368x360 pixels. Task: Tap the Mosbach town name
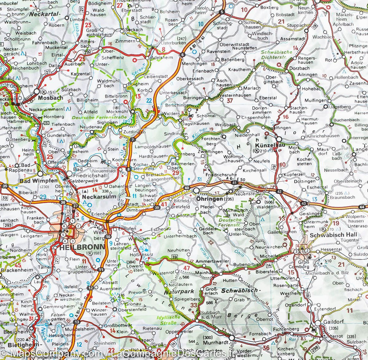tap(51, 98)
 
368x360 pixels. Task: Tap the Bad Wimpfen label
tap(39, 181)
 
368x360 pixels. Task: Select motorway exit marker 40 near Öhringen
tap(187, 188)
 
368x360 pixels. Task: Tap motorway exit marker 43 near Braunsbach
tap(304, 203)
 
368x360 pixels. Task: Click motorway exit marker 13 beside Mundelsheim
tap(76, 322)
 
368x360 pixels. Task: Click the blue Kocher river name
tap(202, 131)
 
